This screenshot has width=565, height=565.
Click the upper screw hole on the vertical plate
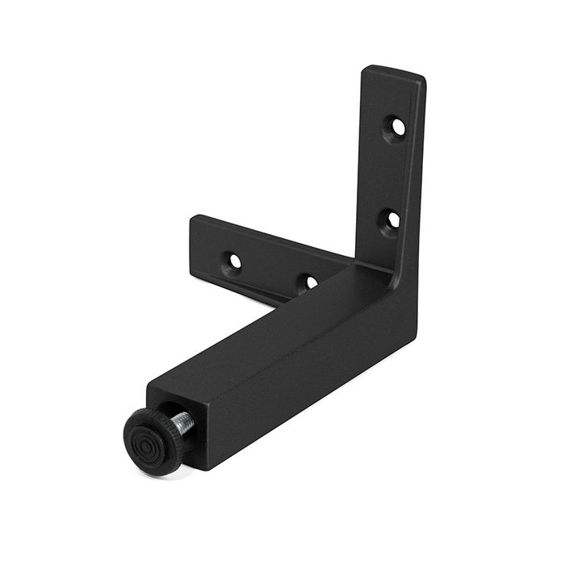point(397,127)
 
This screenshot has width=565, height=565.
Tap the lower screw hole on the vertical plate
point(391,219)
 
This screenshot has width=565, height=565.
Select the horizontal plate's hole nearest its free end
point(233,262)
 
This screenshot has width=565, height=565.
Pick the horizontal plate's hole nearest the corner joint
point(309,282)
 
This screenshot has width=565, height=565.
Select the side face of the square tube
point(307,379)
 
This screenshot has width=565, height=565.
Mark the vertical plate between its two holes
point(394,174)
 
